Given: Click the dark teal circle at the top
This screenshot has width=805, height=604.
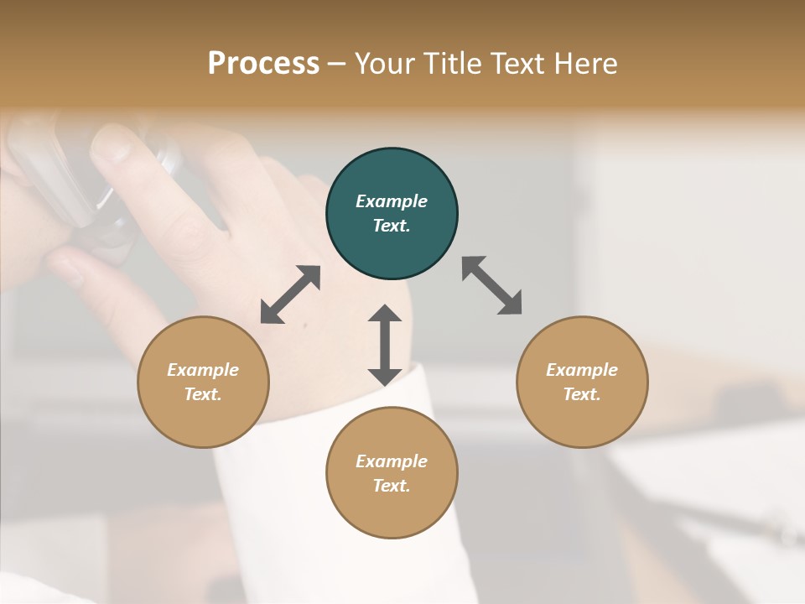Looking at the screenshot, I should (x=392, y=214).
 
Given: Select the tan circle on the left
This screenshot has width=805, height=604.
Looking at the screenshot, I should (x=203, y=383).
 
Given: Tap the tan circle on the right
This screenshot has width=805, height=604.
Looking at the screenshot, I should (x=582, y=383).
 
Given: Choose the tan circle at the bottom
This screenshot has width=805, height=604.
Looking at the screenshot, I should (x=392, y=473).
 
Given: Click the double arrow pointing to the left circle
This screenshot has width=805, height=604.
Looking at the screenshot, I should (x=290, y=294).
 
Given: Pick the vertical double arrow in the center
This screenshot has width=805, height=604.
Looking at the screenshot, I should (x=385, y=345).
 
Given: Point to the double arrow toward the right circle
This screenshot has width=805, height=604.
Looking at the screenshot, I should (x=491, y=285).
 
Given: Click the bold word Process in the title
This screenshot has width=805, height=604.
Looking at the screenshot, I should (x=263, y=63).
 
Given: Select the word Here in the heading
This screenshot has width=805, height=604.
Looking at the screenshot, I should (x=587, y=63).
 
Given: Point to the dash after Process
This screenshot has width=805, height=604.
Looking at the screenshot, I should (x=337, y=64).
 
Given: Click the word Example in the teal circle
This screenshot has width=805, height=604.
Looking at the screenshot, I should (x=392, y=201).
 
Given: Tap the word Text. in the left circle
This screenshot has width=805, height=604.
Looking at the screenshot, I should (x=203, y=394).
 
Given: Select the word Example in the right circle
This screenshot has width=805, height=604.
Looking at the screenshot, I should (x=582, y=370).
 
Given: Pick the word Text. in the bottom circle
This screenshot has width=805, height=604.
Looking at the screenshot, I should (x=392, y=486).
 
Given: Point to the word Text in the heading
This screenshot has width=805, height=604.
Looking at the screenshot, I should (x=518, y=63).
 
